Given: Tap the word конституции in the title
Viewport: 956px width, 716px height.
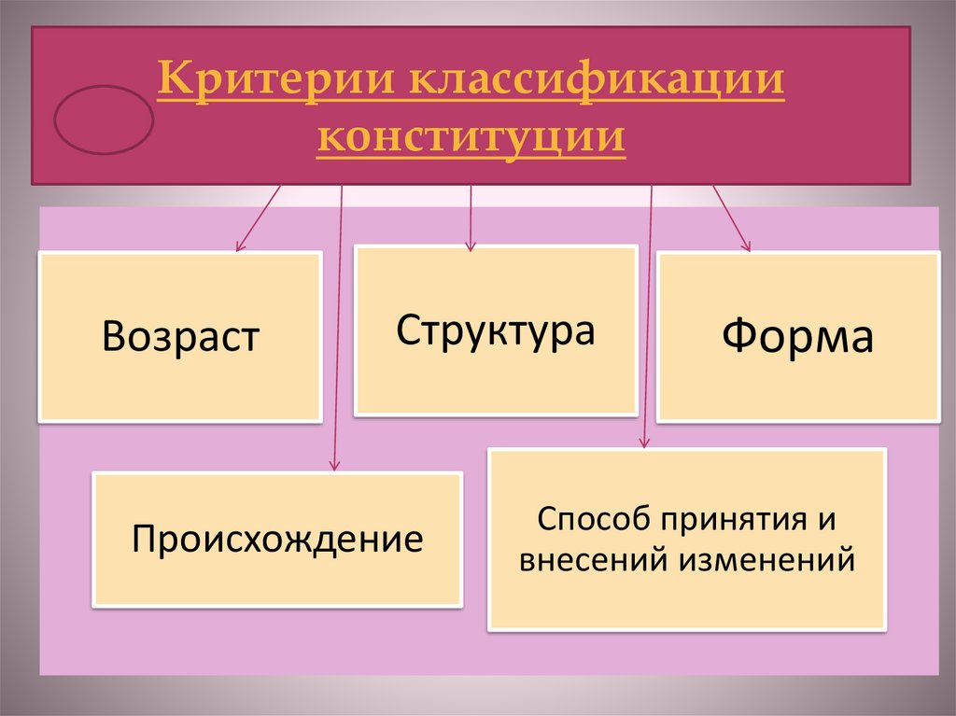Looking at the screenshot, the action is coord(471,138).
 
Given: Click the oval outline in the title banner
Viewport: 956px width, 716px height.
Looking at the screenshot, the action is coord(104,119).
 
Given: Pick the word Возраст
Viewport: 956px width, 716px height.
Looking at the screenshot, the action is coord(180,337).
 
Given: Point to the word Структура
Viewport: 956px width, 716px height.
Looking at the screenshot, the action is coord(495,331).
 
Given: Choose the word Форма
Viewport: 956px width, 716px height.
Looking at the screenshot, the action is coord(798,337).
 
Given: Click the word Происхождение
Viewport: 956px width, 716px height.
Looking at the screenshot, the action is coord(277,539).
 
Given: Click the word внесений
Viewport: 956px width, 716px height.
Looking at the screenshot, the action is coord(592,560).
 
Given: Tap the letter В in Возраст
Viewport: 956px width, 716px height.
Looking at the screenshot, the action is coord(114,337).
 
